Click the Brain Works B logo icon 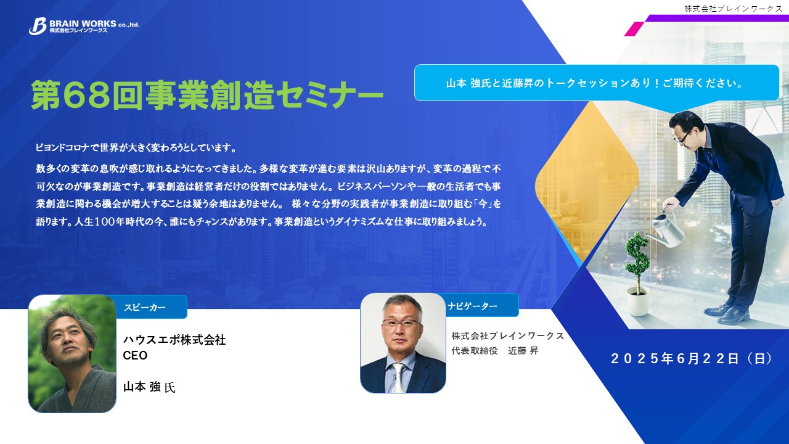(x=38, y=27)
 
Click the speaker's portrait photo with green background (x=72, y=353)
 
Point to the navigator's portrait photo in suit (x=403, y=343)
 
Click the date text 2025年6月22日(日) (x=692, y=358)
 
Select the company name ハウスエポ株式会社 (x=174, y=340)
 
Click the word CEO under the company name (x=135, y=356)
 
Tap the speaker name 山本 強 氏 (x=149, y=387)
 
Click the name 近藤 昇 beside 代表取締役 (x=523, y=351)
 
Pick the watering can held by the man (x=665, y=226)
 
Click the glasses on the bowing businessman (x=684, y=136)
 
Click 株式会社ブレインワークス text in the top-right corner (x=733, y=9)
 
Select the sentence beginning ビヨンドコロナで (x=136, y=147)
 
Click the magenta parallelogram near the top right (x=634, y=29)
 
